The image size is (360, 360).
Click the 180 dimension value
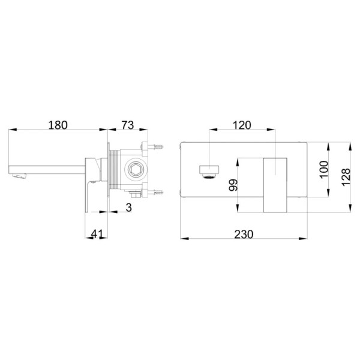click(x=58, y=125)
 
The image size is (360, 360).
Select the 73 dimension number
click(x=127, y=125)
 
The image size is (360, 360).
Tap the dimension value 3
click(x=129, y=208)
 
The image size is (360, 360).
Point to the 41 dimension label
click(x=97, y=234)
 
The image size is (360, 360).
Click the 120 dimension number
click(x=242, y=125)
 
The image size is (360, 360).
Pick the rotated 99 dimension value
click(x=233, y=185)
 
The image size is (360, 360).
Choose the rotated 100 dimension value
click(x=324, y=169)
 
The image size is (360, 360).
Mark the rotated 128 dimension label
click(x=346, y=177)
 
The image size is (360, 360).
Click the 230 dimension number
click(x=244, y=235)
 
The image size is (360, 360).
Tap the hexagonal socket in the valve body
click(x=133, y=170)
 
